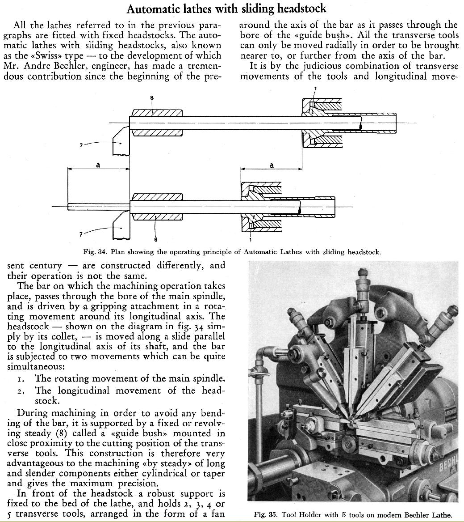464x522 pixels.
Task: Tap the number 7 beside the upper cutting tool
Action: [x=81, y=144]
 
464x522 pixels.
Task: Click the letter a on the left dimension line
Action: [x=98, y=165]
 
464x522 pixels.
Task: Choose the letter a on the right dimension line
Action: [x=272, y=165]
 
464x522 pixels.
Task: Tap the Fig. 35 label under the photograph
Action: [x=264, y=515]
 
